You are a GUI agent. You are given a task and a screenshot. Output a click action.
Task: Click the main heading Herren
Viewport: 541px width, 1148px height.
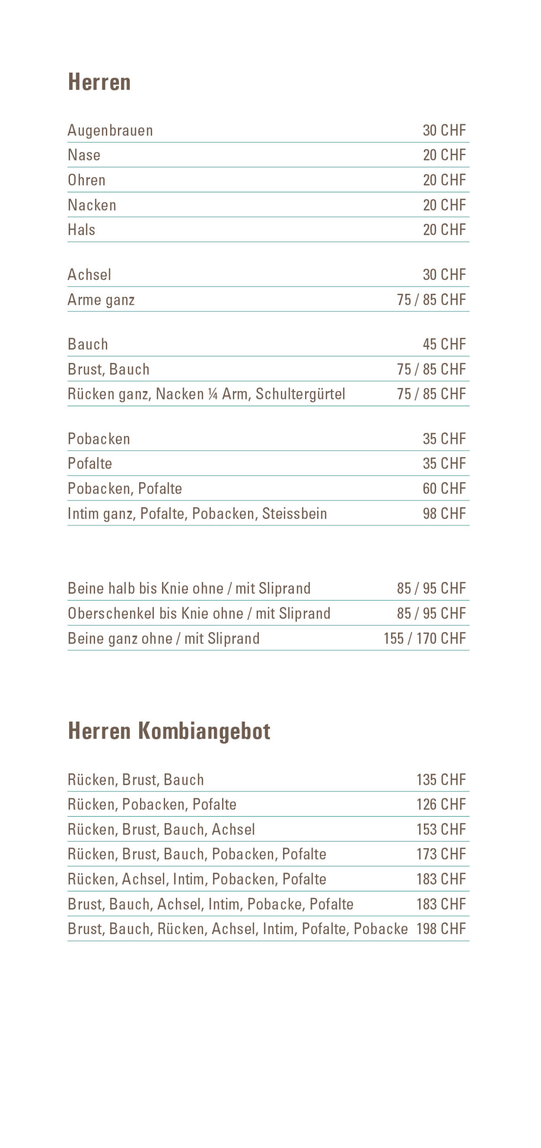pyautogui.click(x=99, y=83)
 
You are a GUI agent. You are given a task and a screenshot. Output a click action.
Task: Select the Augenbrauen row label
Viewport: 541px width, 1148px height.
pyautogui.click(x=110, y=130)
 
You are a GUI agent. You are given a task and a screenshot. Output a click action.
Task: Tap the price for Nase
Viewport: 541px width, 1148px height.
pyautogui.click(x=444, y=155)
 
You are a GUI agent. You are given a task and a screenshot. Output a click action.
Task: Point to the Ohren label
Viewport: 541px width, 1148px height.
pyautogui.click(x=87, y=180)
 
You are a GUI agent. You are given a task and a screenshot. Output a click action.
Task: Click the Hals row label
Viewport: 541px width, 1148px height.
pyautogui.click(x=82, y=230)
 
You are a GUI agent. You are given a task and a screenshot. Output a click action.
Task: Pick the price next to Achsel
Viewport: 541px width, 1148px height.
pyautogui.click(x=444, y=275)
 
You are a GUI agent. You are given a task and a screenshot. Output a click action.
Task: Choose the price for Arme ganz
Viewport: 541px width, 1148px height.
pyautogui.click(x=431, y=300)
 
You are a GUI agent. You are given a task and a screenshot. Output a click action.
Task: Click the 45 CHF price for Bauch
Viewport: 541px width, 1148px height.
pyautogui.click(x=444, y=344)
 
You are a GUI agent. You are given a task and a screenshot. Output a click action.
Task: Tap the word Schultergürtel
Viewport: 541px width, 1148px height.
pyautogui.click(x=300, y=394)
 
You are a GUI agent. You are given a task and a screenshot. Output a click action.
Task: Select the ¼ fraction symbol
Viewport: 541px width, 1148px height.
pyautogui.click(x=213, y=395)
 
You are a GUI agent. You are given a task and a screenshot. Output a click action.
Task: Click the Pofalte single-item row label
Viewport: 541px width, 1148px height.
pyautogui.click(x=90, y=464)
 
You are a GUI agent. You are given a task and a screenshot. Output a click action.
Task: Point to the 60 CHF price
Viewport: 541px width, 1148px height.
pyautogui.click(x=444, y=489)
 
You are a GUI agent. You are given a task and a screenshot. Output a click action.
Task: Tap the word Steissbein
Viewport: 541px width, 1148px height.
pyautogui.click(x=294, y=514)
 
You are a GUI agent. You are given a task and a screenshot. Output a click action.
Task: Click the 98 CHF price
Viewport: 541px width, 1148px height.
pyautogui.click(x=444, y=514)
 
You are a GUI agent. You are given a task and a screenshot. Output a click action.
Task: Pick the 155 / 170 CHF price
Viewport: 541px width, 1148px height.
pyautogui.click(x=424, y=639)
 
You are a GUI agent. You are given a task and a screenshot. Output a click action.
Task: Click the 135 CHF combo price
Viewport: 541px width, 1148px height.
pyautogui.click(x=441, y=780)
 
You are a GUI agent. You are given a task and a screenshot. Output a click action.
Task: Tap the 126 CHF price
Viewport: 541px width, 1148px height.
pyautogui.click(x=441, y=804)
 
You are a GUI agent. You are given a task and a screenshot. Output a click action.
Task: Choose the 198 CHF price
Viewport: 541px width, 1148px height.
pyautogui.click(x=441, y=929)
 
